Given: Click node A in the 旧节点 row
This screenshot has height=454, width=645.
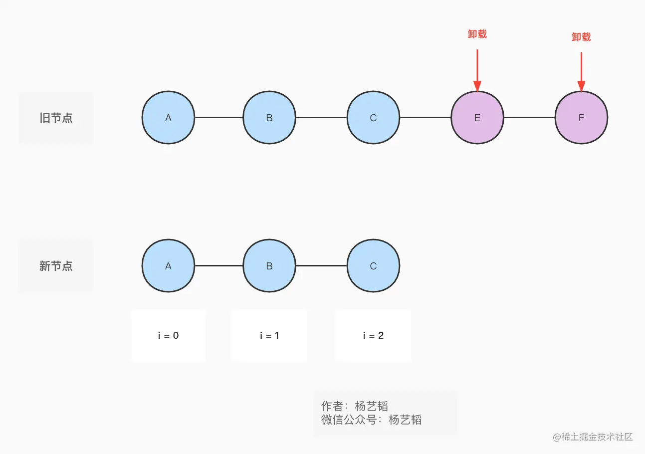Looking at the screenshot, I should pos(168,118).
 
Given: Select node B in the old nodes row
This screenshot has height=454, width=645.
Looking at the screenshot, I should pos(269,118).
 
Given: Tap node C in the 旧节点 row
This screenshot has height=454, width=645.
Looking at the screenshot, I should pos(373,118).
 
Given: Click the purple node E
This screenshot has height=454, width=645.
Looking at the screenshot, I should pos(477,118).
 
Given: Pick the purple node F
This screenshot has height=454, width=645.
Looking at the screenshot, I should pos(581,118).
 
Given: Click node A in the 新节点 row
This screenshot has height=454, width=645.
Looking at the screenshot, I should pos(168,266).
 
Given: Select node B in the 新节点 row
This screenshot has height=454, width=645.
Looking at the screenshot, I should pos(269,266).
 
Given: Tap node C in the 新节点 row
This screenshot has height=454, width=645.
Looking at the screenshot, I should pos(373,266).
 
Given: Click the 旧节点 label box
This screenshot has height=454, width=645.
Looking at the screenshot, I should pos(56,118).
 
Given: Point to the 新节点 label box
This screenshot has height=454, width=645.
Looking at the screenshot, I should pos(56,266).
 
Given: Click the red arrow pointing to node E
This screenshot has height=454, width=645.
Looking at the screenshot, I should pos(477,70).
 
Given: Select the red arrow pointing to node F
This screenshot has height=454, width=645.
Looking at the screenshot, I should pos(581,71).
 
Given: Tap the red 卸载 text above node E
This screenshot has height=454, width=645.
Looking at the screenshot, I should pos(477,34).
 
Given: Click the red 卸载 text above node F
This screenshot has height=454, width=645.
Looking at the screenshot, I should pos(581,37).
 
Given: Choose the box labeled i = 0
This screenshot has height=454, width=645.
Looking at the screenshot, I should pos(169,335).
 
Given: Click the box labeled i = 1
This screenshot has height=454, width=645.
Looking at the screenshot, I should pos(269,335).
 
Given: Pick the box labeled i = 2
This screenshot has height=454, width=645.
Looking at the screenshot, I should pos(373,335).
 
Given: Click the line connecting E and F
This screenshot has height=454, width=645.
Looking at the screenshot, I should pos(529,118).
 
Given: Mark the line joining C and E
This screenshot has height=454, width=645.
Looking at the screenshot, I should pos(425,118).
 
